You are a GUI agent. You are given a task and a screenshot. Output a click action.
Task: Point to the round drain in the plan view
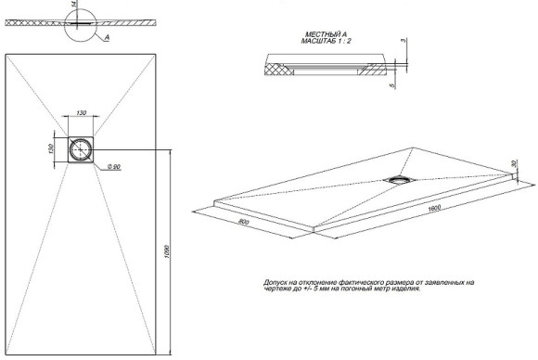click(81, 148)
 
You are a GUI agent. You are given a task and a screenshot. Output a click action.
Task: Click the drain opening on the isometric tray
click(403, 179)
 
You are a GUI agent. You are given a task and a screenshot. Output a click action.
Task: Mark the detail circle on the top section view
click(83, 24)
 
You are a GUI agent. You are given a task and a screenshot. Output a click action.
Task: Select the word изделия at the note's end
click(404, 288)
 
